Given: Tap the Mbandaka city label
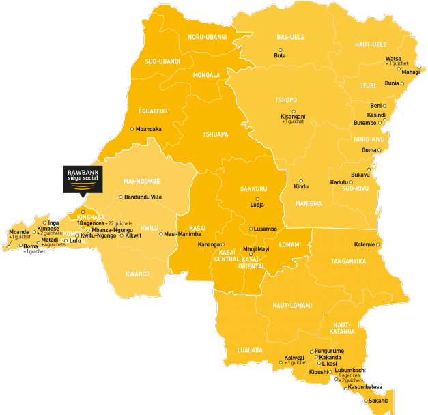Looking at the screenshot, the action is click(149, 129).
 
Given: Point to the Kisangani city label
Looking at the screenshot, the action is click(294, 117).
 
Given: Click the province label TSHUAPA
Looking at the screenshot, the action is click(215, 134).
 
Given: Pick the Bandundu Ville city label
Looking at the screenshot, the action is click(143, 197).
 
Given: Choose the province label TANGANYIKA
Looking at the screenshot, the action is click(348, 261).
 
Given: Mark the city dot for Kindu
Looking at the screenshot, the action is click(301, 181).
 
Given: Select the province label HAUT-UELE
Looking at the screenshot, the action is click(371, 44).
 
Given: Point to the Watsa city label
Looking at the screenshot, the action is click(393, 59).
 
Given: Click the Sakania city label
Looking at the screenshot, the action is click(379, 401).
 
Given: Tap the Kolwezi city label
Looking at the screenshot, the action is click(294, 357).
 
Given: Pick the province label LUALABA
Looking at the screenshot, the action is click(250, 350).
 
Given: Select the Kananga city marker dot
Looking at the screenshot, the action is click(223, 244).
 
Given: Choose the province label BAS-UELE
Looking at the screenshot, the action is click(291, 37).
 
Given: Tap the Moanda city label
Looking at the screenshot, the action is click(19, 232).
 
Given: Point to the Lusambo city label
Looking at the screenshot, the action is click(266, 229).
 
